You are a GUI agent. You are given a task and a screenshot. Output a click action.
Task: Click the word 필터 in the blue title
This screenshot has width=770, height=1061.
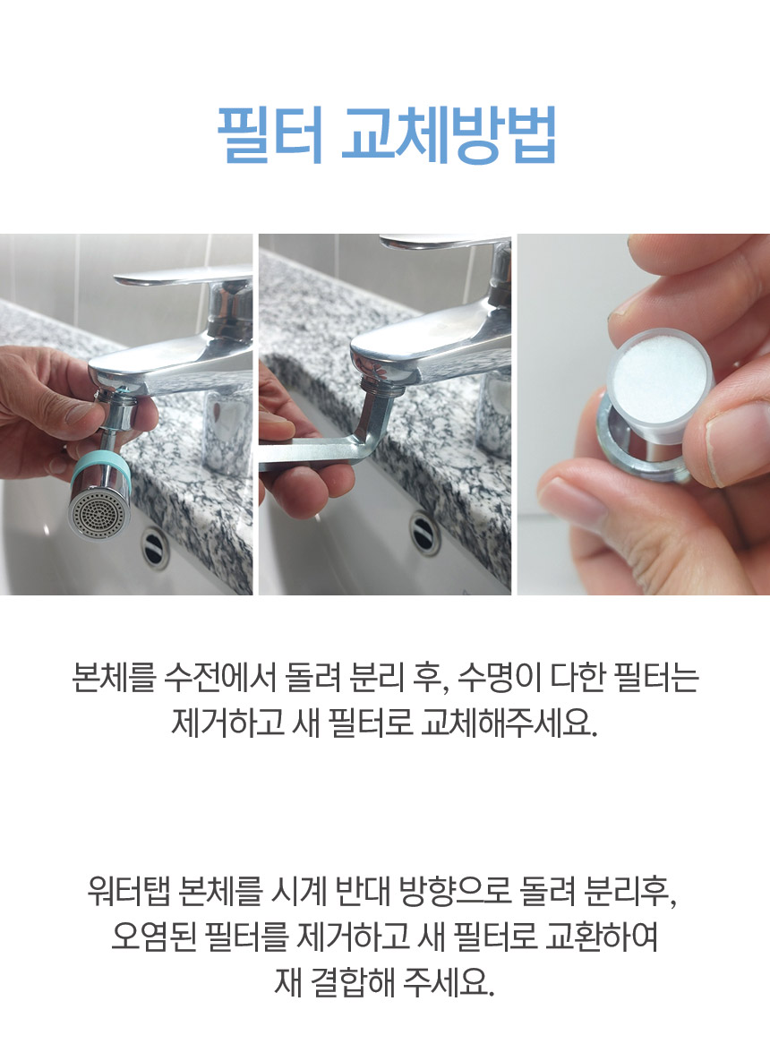tap(269, 134)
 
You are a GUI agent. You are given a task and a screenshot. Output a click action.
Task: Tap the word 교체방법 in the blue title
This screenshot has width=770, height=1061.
tap(449, 134)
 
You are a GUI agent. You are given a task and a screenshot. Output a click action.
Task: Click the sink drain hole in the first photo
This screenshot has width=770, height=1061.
tap(154, 545)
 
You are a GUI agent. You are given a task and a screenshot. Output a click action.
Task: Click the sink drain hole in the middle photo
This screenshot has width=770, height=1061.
tap(425, 532)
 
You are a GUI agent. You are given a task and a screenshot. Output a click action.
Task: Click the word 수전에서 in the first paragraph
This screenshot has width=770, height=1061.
tap(220, 677)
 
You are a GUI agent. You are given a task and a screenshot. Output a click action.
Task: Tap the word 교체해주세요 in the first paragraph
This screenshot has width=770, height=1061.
tap(509, 723)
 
